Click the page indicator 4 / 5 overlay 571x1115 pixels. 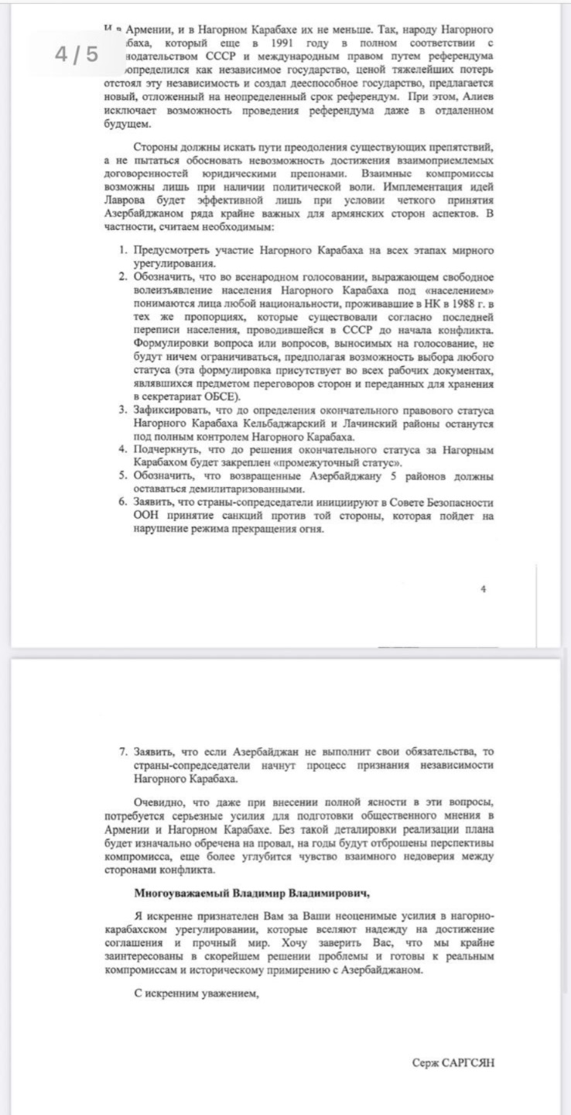(x=77, y=55)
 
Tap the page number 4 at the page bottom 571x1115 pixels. (x=484, y=588)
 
